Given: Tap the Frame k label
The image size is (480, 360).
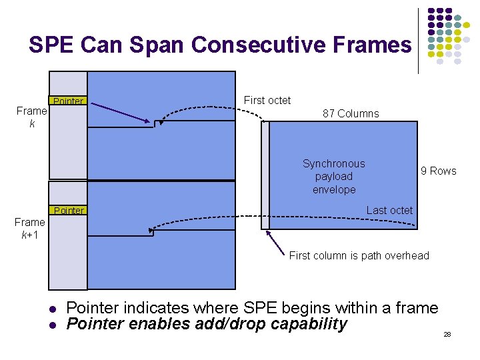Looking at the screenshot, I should click(x=31, y=117).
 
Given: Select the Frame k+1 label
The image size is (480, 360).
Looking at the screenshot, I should click(x=30, y=228).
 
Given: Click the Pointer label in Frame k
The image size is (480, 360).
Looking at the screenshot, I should click(x=68, y=101).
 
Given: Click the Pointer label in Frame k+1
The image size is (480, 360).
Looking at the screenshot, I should click(x=69, y=211).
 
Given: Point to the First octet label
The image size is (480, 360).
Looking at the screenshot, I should click(x=267, y=100).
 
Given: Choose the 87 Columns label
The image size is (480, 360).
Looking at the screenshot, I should click(x=351, y=113).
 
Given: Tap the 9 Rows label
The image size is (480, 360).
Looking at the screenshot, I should click(x=438, y=171).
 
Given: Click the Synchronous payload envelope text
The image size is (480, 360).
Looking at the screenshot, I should click(x=333, y=177).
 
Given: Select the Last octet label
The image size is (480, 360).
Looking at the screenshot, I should click(x=389, y=210).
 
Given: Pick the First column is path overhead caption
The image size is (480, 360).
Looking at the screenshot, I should click(x=359, y=255).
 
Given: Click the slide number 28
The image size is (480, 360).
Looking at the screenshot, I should click(x=447, y=333).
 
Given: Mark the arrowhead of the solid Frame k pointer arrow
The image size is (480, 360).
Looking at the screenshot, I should click(x=150, y=121).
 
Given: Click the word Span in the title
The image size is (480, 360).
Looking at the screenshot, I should click(x=162, y=45).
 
